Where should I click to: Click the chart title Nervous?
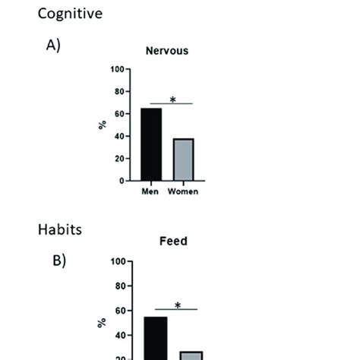(167, 52)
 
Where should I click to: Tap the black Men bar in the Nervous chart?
(150, 144)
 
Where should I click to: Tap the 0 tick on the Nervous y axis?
(122, 181)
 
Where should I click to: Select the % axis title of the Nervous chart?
(103, 125)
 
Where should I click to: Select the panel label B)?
(58, 261)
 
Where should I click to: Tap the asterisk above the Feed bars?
(177, 305)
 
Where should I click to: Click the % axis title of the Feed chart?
(103, 323)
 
